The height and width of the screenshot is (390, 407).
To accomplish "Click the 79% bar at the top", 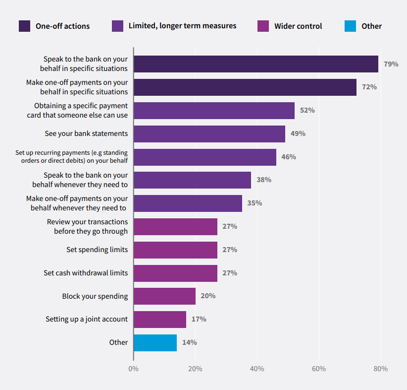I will (x=255, y=64).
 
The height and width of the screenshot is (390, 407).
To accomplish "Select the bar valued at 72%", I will (x=245, y=87).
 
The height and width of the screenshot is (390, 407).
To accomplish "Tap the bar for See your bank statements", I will (x=209, y=133).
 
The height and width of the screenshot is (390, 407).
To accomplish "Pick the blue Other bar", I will (x=155, y=342).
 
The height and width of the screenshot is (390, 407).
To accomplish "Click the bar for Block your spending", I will (x=164, y=296).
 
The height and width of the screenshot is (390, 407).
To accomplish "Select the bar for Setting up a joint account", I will (x=159, y=319).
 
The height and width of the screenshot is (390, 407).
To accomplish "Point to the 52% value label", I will (x=307, y=110).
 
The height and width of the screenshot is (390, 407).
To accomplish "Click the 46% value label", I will (x=289, y=157).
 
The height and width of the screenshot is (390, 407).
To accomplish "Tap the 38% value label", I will (x=263, y=180).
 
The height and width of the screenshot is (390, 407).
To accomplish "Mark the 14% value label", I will (x=189, y=342).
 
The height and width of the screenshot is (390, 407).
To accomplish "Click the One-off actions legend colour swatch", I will (x=24, y=26).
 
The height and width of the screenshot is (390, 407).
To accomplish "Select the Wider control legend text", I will (x=298, y=26).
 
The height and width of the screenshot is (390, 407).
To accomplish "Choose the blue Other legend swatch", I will (x=350, y=26).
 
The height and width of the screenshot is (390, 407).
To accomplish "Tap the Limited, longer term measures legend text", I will (x=182, y=26).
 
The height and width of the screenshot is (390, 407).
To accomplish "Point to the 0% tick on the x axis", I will (x=133, y=369).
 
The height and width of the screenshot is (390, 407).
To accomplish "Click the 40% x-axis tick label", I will (x=257, y=369).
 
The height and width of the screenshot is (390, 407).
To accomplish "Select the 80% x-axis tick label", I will (x=380, y=369).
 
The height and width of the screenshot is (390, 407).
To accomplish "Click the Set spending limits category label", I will (x=97, y=250).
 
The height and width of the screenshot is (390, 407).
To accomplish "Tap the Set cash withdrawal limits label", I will (x=86, y=273).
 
